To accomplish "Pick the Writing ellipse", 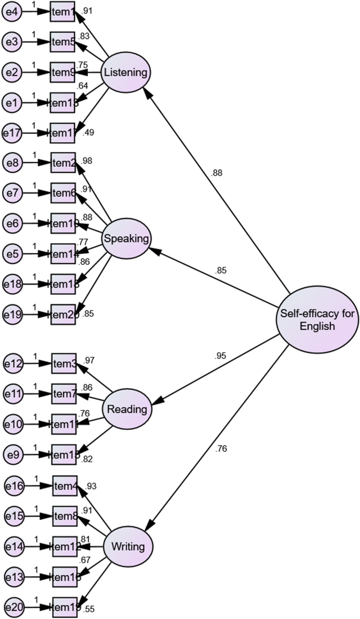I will [128, 546].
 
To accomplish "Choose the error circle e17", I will [12, 132].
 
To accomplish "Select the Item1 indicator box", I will [63, 12].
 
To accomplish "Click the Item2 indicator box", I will [64, 163].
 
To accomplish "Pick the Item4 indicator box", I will [65, 486].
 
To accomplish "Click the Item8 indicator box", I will [65, 517].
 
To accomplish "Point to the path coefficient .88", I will [217, 173].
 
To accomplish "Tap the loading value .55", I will [89, 610].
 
